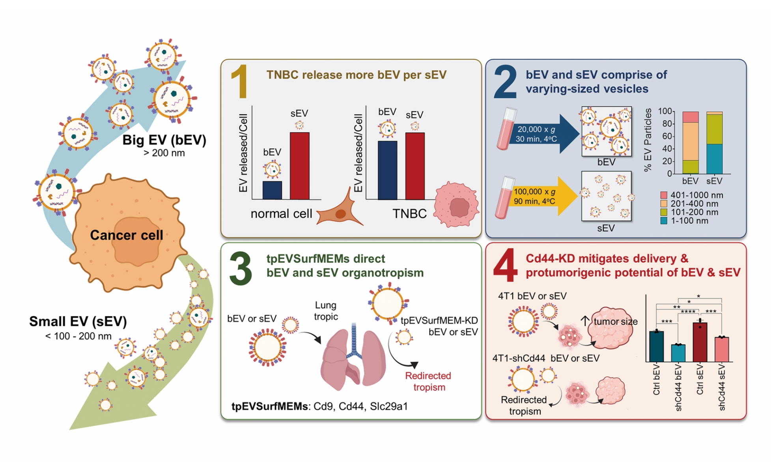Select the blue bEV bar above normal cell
click(272, 190)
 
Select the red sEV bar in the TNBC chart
click(415, 166)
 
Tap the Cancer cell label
click(126, 235)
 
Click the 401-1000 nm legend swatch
click(664, 195)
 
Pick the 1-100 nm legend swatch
click(664, 221)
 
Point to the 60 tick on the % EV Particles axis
click(667, 136)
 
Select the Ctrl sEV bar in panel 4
click(700, 342)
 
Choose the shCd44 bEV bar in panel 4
click(678, 353)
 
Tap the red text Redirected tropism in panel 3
click(428, 381)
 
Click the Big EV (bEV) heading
click(164, 140)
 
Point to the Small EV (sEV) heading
click(78, 321)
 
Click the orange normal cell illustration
click(339, 213)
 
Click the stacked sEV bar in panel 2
click(714, 143)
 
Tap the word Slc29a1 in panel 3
click(389, 406)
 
